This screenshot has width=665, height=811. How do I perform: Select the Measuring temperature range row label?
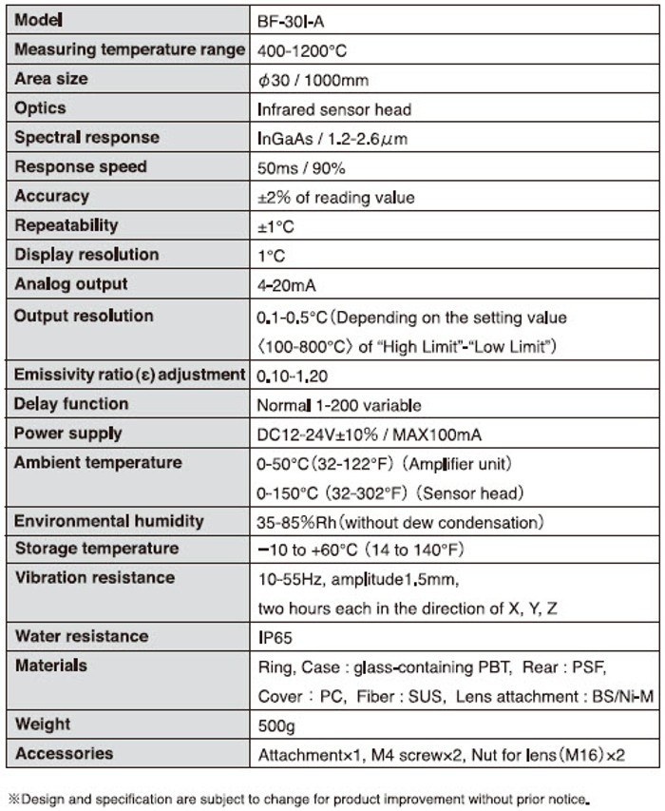pyautogui.click(x=129, y=49)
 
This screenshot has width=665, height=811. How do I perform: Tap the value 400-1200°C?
pyautogui.click(x=307, y=50)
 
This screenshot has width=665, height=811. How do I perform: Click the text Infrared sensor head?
pyautogui.click(x=334, y=109)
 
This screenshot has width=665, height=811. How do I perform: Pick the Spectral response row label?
pyautogui.click(x=86, y=138)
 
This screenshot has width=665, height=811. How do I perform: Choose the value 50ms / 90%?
pyautogui.click(x=301, y=168)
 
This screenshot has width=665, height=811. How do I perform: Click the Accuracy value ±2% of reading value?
pyautogui.click(x=349, y=198)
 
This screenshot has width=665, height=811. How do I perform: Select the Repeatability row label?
pyautogui.click(x=66, y=225)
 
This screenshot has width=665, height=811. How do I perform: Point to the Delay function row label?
pyautogui.click(x=71, y=404)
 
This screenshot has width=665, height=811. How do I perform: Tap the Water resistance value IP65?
pyautogui.click(x=275, y=637)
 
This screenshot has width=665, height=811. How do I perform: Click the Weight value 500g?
pyautogui.click(x=277, y=725)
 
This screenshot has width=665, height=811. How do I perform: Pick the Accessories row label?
pyautogui.click(x=64, y=754)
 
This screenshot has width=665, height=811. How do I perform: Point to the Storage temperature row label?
pyautogui.click(x=96, y=549)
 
